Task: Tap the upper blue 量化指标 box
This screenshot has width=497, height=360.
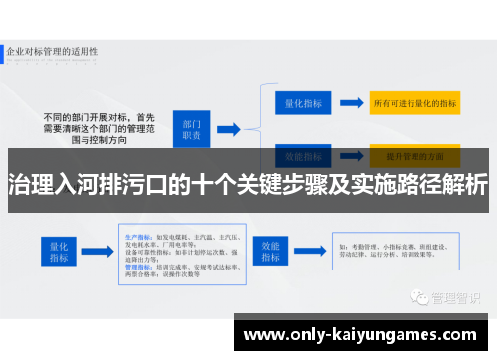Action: click(299, 101)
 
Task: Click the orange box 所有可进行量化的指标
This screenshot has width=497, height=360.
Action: click(414, 101)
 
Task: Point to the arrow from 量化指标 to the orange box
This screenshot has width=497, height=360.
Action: click(350, 101)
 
